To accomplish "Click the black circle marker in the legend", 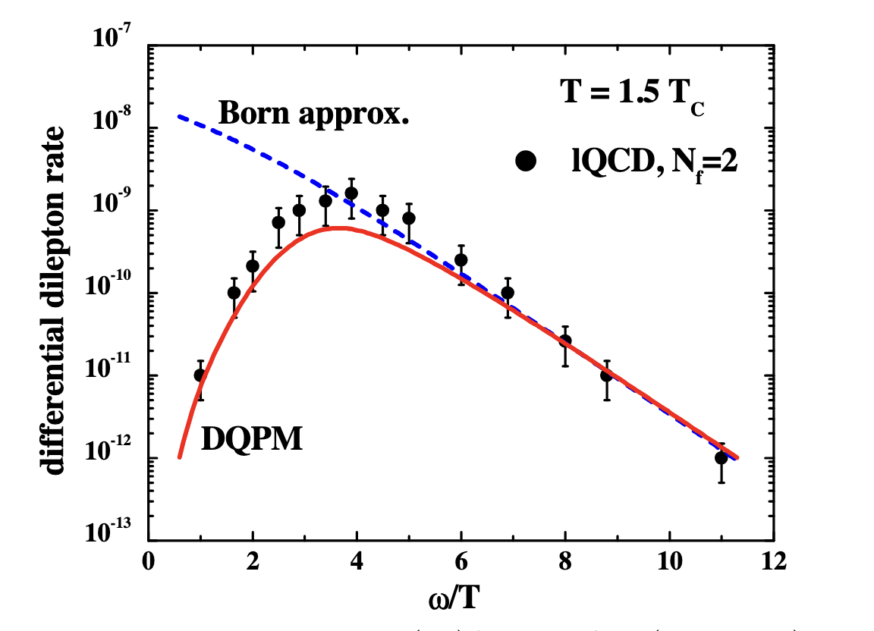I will click(x=525, y=161).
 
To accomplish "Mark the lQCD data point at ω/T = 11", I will click(x=721, y=457).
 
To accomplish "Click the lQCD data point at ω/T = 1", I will click(x=200, y=375).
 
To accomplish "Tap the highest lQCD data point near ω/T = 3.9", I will click(x=351, y=193).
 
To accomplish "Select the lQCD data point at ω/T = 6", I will click(x=461, y=260).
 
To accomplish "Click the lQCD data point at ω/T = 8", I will click(x=564, y=341).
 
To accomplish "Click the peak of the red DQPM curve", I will click(x=339, y=228).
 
